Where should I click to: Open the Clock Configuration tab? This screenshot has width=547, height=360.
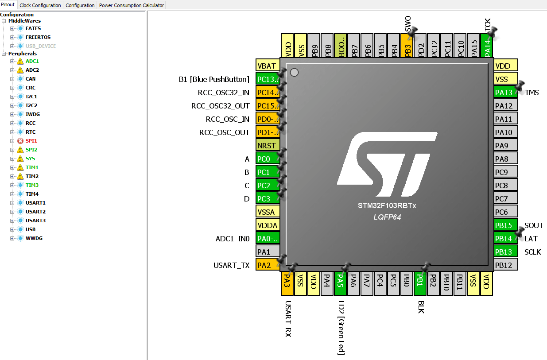[40, 5]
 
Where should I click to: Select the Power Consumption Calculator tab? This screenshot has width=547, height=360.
[132, 5]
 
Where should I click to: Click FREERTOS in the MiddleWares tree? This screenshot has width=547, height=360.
[38, 37]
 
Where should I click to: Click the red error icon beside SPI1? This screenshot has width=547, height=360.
[20, 141]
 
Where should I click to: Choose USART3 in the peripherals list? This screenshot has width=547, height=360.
[35, 221]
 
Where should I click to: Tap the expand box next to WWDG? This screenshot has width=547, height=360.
[12, 238]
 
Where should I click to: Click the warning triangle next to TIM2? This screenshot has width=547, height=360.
[20, 176]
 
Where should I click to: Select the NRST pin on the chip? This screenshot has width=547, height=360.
[268, 146]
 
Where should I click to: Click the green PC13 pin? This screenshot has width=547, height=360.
[268, 79]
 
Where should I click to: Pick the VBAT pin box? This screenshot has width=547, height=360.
[268, 66]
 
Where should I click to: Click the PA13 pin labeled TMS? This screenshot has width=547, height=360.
[505, 93]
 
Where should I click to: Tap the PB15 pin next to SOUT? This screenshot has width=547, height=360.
[505, 225]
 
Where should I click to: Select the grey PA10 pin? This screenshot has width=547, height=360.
[505, 132]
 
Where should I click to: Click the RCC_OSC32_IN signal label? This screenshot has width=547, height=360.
[223, 93]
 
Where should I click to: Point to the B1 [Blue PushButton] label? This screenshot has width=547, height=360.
[214, 79]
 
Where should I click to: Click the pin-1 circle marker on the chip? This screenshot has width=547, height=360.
[294, 73]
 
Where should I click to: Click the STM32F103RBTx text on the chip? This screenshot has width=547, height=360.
[387, 206]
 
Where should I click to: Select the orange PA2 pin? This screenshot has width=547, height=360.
[268, 265]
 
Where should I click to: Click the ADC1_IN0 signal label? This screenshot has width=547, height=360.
[233, 239]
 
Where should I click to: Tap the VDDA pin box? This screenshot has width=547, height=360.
[268, 225]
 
